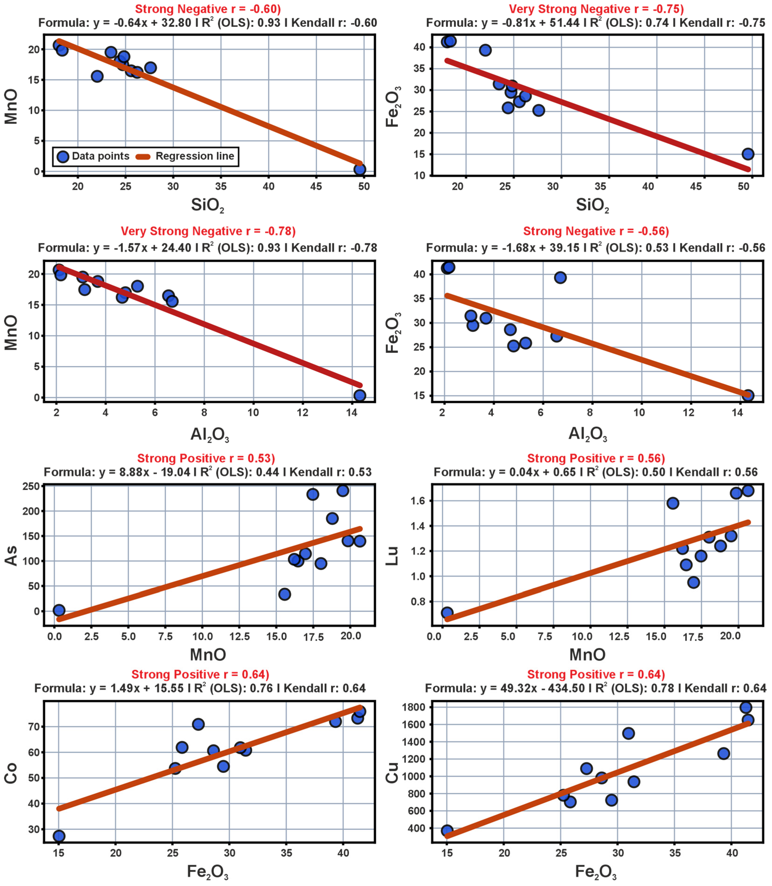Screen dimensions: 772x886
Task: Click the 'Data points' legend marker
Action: pos(63,156)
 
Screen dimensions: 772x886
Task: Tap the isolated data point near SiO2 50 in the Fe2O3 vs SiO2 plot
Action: pos(748,154)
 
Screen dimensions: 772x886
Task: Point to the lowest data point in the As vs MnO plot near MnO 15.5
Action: pos(284,594)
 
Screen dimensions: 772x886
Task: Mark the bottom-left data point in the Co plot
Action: pos(59,836)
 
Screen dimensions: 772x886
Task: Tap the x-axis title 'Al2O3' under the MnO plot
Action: pos(210,434)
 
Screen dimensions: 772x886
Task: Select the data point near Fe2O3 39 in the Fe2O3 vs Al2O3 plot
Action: pos(560,278)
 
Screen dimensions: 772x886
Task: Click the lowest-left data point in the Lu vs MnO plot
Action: pos(447,613)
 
